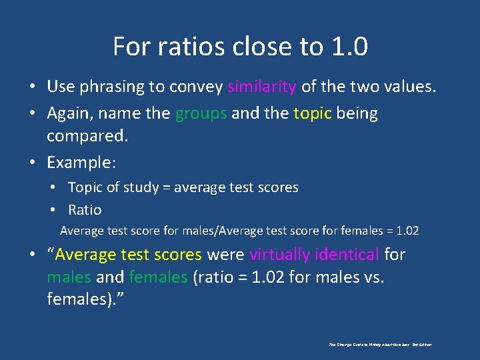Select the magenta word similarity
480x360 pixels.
pos(262,86)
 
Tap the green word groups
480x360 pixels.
pos(201,113)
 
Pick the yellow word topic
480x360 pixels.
pos(313,113)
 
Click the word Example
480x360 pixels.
pos(79,163)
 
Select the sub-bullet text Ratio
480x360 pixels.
pos(85,209)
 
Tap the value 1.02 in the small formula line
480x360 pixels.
pos(407,231)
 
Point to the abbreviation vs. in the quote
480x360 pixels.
pos(371,277)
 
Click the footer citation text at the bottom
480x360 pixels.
pos(381,345)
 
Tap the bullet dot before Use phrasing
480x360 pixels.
pos(31,87)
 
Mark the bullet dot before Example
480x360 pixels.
pos(31,163)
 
